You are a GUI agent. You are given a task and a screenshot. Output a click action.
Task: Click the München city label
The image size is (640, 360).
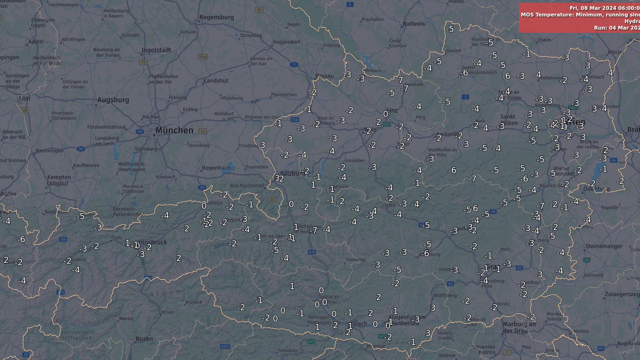tap(174, 130)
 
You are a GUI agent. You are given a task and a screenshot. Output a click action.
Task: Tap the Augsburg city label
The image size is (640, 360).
tap(113, 100)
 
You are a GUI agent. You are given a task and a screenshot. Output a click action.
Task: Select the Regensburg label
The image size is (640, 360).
tap(216, 17)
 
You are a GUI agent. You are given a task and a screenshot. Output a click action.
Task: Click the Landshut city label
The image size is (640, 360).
tap(216, 81)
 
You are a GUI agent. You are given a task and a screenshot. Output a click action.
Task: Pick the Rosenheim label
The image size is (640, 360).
tap(216, 168)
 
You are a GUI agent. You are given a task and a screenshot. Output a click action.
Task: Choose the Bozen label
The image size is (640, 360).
tap(144, 338)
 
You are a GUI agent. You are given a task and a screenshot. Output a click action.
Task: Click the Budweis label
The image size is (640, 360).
tap(413, 23)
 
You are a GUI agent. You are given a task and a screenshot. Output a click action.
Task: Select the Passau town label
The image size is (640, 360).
tap(325, 76)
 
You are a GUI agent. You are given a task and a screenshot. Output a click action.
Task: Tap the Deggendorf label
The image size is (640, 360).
tap(286, 42)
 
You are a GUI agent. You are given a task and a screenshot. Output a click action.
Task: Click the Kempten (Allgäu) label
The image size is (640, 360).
tap(59, 180)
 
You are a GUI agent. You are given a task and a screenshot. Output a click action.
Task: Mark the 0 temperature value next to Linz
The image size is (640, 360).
tap(386, 114)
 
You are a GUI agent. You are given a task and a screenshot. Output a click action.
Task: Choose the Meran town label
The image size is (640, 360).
tap(126, 318)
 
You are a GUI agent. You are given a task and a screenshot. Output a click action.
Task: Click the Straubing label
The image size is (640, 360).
tap(251, 35)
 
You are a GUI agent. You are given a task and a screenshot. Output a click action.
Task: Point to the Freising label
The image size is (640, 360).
tap(178, 98)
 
